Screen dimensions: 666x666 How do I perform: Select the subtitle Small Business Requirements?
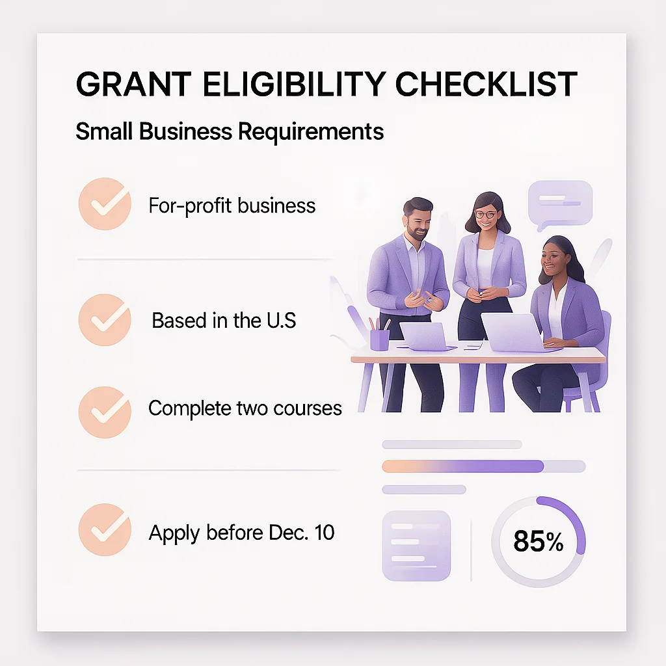click(x=230, y=131)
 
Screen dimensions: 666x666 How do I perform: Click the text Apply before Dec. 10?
click(x=241, y=533)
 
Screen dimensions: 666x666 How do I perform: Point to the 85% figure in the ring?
click(x=538, y=541)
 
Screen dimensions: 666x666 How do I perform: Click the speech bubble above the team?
click(x=560, y=204)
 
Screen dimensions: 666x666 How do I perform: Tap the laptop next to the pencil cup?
click(x=423, y=335)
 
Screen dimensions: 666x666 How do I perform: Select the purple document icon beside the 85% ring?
click(x=417, y=545)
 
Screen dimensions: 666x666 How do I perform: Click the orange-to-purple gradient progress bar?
click(x=463, y=466)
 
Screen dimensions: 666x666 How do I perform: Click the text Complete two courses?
click(x=245, y=408)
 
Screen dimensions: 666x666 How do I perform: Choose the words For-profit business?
click(x=232, y=206)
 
